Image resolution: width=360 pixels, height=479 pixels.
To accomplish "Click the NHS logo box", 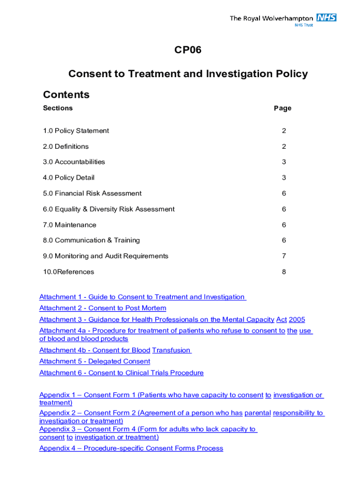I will [x=326, y=18].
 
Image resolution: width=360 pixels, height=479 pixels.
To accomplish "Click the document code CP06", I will [x=188, y=50].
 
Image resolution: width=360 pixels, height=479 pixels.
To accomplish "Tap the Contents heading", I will [x=66, y=94].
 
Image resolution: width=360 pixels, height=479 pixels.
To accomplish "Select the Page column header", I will [x=282, y=108].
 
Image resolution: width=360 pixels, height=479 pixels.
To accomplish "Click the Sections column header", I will [x=58, y=108].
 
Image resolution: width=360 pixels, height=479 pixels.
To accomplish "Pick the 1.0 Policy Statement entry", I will [x=76, y=131].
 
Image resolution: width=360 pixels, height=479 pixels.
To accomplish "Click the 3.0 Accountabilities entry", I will [x=74, y=162].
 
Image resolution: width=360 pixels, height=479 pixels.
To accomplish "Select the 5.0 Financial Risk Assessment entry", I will [x=92, y=193].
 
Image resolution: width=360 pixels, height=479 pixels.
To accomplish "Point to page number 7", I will [x=284, y=256].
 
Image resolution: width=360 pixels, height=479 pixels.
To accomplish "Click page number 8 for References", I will [x=284, y=272].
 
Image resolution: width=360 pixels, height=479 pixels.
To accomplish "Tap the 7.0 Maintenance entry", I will [x=70, y=225].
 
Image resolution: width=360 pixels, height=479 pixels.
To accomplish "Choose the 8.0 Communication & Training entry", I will [x=91, y=240].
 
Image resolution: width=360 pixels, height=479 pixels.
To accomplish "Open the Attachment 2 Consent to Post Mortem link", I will [x=102, y=308].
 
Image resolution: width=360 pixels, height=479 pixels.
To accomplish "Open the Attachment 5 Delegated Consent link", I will [x=94, y=362].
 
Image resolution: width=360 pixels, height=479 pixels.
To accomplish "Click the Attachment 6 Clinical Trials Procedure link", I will [x=121, y=373].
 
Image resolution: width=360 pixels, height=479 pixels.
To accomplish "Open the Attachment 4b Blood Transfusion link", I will [x=115, y=350].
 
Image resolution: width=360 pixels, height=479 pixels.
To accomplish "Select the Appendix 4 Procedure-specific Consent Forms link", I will [x=131, y=449].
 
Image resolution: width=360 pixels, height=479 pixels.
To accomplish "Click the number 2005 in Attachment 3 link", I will [x=297, y=319].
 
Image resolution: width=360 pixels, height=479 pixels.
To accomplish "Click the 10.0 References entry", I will [x=68, y=272].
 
